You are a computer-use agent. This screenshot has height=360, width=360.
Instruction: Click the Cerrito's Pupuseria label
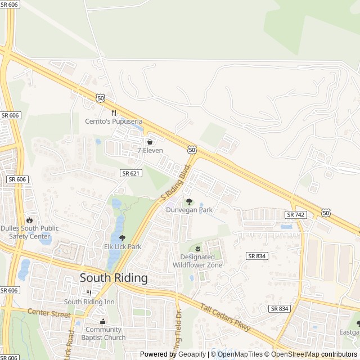(114, 121)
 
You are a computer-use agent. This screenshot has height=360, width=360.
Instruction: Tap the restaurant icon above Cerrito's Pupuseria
(114, 112)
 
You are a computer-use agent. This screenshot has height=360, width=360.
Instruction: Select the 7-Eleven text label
(150, 150)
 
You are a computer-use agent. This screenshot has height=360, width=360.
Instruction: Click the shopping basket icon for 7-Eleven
(150, 141)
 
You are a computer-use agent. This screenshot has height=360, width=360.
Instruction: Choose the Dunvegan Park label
(189, 210)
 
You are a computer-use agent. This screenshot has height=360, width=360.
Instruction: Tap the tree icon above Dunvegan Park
(189, 201)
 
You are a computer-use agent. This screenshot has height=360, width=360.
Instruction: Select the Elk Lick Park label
(123, 246)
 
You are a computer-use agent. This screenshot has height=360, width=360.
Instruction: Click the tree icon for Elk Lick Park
(123, 238)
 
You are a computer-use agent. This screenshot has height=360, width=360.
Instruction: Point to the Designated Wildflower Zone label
(197, 261)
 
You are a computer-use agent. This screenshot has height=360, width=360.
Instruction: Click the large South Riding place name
(114, 278)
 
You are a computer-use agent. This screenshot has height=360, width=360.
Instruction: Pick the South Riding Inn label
(89, 302)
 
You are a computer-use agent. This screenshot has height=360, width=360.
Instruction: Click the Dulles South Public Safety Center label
(29, 232)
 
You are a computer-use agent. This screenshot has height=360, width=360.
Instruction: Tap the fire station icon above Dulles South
(29, 220)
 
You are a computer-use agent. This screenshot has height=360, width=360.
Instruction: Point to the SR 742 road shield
(295, 215)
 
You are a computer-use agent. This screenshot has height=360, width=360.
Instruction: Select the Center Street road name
(49, 313)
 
